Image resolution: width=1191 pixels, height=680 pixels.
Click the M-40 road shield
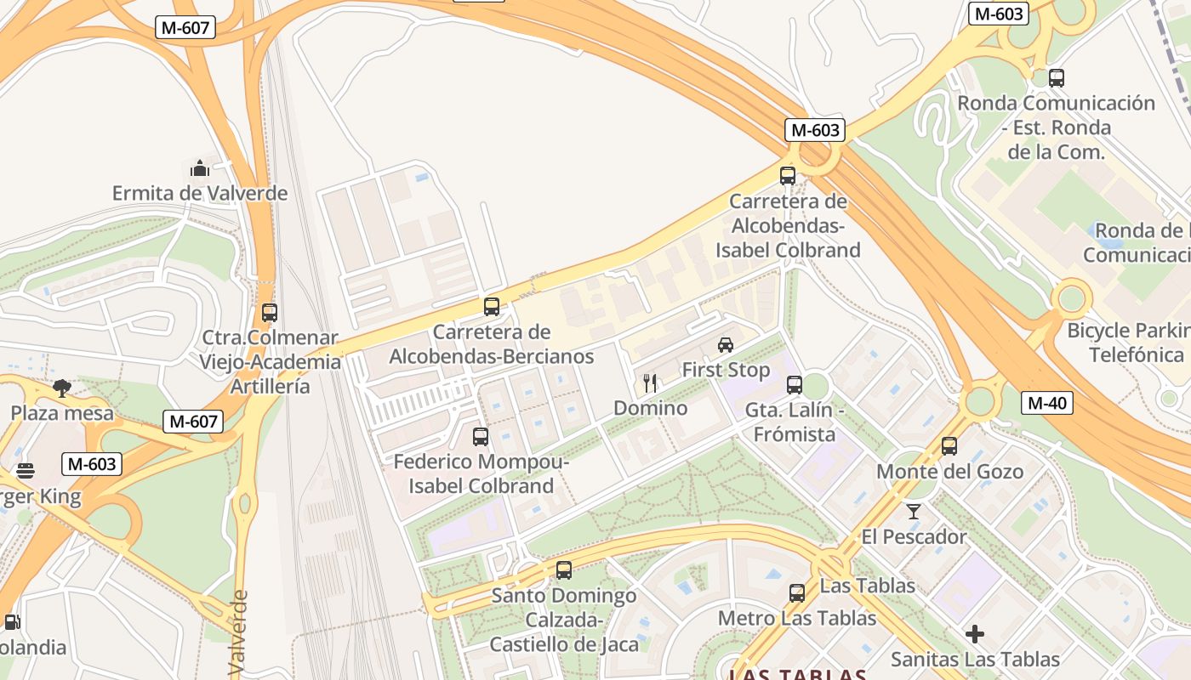tap(1046, 403)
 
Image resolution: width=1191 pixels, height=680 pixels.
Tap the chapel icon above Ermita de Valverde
tap(200, 168)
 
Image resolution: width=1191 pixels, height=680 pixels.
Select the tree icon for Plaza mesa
tap(62, 388)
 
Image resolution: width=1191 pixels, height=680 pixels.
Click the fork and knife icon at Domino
tap(651, 383)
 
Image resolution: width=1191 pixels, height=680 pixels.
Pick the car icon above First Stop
tap(726, 344)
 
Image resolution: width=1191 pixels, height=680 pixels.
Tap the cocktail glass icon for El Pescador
tap(914, 511)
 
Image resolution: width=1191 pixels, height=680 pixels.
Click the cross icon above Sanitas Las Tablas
tap(975, 634)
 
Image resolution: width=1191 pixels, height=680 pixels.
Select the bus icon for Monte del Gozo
tap(949, 446)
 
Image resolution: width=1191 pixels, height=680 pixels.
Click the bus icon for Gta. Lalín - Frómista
tap(795, 385)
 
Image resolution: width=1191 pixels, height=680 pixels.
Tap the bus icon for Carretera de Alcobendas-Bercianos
tap(492, 307)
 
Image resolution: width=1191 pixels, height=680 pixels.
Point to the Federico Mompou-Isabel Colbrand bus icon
tap(481, 437)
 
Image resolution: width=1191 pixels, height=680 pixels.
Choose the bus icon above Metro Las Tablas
tap(797, 593)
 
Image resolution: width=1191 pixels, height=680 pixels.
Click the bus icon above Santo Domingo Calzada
tap(563, 570)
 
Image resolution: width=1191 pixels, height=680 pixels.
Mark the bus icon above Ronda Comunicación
tap(1057, 78)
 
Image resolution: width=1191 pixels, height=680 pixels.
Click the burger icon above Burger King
tap(26, 471)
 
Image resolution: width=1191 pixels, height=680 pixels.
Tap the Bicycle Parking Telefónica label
tap(1128, 343)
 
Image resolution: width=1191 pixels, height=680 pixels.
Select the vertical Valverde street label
tap(238, 633)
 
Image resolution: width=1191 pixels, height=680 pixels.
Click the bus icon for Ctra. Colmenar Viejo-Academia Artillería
tap(270, 313)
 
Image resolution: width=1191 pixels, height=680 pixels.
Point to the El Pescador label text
tap(914, 537)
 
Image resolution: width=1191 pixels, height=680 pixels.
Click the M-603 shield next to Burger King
tap(91, 464)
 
